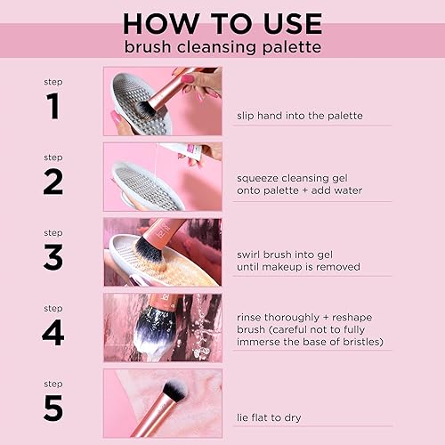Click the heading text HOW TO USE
click(222, 22)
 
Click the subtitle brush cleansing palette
click(222, 46)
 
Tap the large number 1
click(53, 107)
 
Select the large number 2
click(53, 182)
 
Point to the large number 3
click(53, 257)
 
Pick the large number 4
click(53, 333)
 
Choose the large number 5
click(53, 408)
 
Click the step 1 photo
click(162, 101)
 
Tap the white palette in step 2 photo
click(147, 184)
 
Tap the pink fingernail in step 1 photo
click(189, 80)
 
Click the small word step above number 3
click(53, 233)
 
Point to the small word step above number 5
click(53, 384)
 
